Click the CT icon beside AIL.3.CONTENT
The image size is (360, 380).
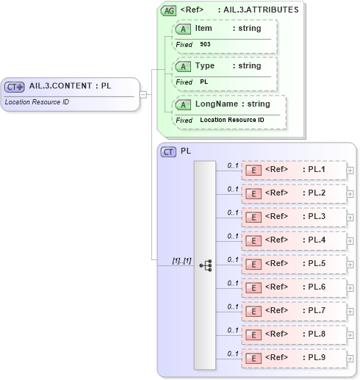point(15,86)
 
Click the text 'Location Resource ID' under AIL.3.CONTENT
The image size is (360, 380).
point(37,101)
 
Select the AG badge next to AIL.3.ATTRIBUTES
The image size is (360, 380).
point(168,10)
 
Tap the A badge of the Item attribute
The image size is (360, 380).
point(182,28)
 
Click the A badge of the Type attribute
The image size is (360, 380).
point(182,66)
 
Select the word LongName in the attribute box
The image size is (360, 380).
point(212,104)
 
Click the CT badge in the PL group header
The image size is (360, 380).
point(168,151)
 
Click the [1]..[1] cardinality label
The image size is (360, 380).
point(181,260)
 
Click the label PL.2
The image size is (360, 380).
point(317,193)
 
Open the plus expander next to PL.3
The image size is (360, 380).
point(350,218)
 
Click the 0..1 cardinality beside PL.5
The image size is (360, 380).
point(233,259)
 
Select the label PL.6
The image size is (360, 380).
point(317,287)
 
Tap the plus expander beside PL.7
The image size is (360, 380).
point(350,312)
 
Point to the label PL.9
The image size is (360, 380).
point(317,358)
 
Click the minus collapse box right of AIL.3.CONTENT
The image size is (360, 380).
point(143,94)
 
